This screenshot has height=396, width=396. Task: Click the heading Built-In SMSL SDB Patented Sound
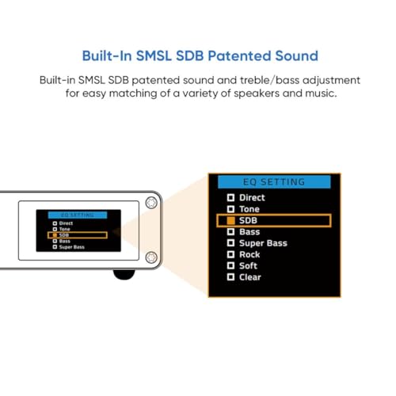(x=200, y=56)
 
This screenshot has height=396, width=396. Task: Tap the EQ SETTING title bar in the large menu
(x=274, y=181)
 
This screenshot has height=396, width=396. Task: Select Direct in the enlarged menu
(x=251, y=197)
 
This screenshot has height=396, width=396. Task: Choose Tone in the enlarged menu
(x=249, y=209)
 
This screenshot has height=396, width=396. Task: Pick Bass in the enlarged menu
(x=249, y=232)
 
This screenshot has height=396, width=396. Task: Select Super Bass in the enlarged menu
(x=262, y=243)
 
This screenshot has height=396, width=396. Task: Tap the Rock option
(x=249, y=255)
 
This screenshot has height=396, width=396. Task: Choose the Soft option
(x=248, y=266)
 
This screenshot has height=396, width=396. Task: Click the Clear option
(x=249, y=277)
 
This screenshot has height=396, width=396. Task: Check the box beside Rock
(x=230, y=255)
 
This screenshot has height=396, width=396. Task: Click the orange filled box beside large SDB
(x=230, y=220)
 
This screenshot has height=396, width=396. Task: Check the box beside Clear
(x=230, y=277)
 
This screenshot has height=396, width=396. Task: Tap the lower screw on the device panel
(x=151, y=257)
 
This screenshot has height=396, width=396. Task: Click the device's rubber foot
(x=124, y=275)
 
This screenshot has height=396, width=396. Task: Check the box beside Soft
(x=230, y=266)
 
